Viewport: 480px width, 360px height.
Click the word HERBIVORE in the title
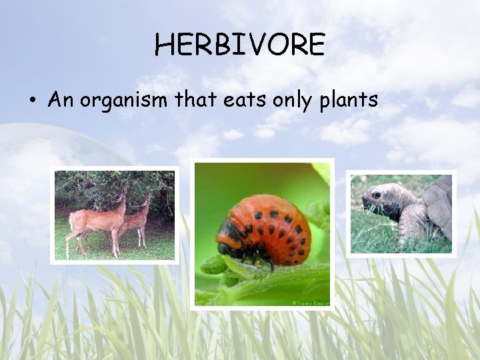(x=239, y=45)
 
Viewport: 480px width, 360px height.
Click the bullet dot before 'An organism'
(x=31, y=101)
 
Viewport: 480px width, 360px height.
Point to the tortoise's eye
(x=377, y=195)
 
